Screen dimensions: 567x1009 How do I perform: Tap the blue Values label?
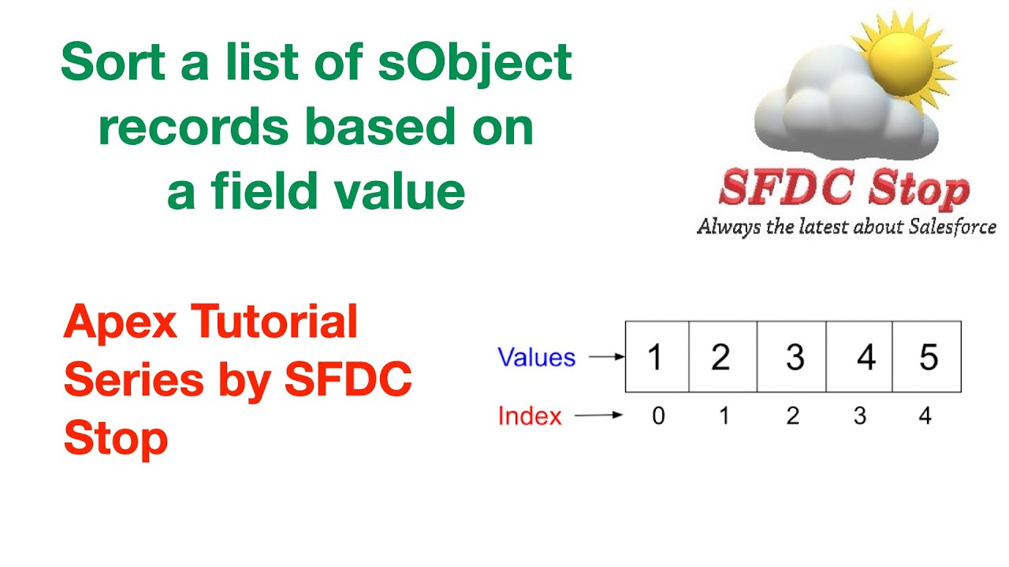(536, 358)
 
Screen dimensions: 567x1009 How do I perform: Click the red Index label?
(530, 416)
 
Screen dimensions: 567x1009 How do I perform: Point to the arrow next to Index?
(599, 416)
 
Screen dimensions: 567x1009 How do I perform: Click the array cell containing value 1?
(657, 357)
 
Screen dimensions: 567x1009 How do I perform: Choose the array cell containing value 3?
(792, 357)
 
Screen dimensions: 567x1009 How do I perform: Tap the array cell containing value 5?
(927, 357)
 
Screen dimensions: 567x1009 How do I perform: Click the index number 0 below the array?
(658, 416)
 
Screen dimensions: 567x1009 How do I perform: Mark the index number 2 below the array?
(792, 416)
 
